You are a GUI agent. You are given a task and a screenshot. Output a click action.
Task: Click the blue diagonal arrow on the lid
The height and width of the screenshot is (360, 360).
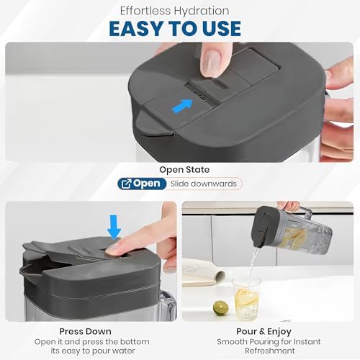click(183, 107)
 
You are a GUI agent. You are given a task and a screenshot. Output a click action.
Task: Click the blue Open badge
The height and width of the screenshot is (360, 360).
click(142, 184)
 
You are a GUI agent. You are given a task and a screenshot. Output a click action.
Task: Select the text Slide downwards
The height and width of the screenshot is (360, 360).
click(204, 184)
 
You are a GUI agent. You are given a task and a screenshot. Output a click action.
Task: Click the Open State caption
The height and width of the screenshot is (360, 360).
click(184, 170)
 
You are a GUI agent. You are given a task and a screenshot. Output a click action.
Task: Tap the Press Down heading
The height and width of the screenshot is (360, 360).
click(85, 331)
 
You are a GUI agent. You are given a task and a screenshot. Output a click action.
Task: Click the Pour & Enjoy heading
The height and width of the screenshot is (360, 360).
click(264, 331)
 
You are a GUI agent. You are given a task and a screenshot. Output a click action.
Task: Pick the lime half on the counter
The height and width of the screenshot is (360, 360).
click(221, 308)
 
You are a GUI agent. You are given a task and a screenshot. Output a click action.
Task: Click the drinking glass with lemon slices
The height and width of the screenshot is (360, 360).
click(246, 299)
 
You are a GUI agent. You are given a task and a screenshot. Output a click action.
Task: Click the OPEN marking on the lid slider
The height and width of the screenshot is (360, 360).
click(200, 96)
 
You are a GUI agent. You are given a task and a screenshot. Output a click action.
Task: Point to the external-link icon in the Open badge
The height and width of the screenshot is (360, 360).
click(127, 184)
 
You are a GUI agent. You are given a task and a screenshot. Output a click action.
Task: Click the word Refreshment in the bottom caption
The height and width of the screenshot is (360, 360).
click(270, 351)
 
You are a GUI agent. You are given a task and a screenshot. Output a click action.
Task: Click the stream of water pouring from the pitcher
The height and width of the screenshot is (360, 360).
click(253, 264)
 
